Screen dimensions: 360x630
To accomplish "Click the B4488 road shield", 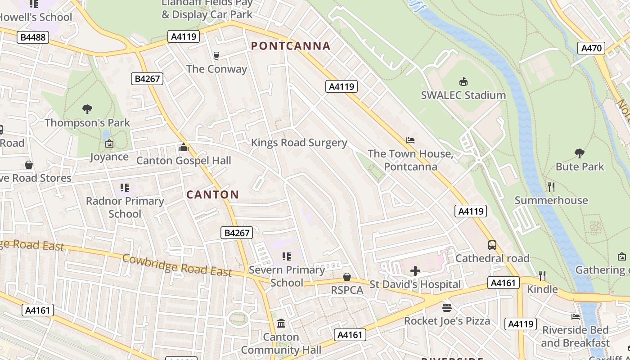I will [x=33, y=37].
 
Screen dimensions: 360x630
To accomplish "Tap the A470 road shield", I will [x=591, y=48].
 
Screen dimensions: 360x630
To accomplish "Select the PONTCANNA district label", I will [x=291, y=46].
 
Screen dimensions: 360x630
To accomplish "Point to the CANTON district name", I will [x=212, y=195].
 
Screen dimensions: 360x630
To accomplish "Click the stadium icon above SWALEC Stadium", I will [x=463, y=81].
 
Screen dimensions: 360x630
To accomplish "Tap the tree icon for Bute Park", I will [x=579, y=153].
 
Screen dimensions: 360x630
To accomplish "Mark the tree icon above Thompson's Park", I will [x=87, y=109].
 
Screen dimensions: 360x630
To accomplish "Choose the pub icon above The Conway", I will [x=216, y=55].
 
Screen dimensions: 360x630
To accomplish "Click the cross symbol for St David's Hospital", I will [x=415, y=270].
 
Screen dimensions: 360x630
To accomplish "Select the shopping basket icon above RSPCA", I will [x=346, y=276].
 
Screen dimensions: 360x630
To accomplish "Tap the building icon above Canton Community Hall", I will [x=281, y=323].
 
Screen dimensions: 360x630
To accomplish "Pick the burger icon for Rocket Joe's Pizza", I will [x=447, y=307].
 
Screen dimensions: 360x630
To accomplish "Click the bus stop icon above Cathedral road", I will [x=492, y=245].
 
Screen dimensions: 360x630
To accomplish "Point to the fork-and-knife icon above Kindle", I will [x=542, y=275].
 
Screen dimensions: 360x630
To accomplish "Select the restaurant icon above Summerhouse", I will [x=551, y=187].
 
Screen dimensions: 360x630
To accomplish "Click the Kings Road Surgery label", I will [x=299, y=143].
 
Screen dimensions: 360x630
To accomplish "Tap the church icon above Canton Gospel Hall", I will [x=184, y=147].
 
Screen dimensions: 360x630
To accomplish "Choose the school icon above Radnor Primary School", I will [x=125, y=187].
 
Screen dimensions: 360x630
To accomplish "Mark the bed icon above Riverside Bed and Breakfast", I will [x=575, y=316].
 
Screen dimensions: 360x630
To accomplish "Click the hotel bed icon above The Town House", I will [x=410, y=140].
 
